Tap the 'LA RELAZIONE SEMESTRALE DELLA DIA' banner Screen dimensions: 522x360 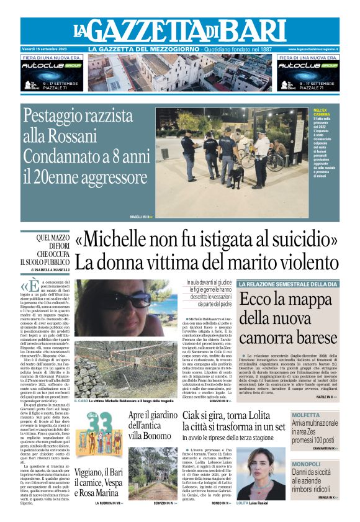pos(288,284)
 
